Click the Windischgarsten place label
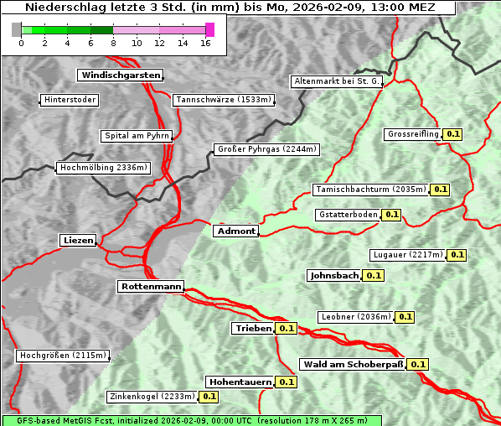pyautogui.click(x=119, y=75)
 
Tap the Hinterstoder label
pyautogui.click(x=70, y=101)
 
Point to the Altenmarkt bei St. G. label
pyautogui.click(x=337, y=82)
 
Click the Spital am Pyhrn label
pyautogui.click(x=136, y=136)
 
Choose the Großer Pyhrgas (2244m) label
pyautogui.click(x=266, y=150)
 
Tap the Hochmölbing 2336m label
pyautogui.click(x=104, y=168)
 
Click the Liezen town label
pyautogui.click(x=78, y=241)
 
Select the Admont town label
pyautogui.click(x=235, y=231)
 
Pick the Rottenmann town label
pyautogui.click(x=151, y=287)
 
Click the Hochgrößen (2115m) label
pyautogui.click(x=64, y=356)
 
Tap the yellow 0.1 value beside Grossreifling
pyautogui.click(x=453, y=134)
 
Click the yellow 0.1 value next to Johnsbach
pyautogui.click(x=374, y=275)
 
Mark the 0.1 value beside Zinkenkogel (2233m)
pyautogui.click(x=209, y=397)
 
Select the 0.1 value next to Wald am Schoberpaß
pyautogui.click(x=418, y=365)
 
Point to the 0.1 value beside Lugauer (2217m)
pyautogui.click(x=457, y=255)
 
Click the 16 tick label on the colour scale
pyautogui.click(x=205, y=44)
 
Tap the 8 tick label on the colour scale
pyautogui.click(x=112, y=44)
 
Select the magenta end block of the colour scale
pyautogui.click(x=209, y=29)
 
